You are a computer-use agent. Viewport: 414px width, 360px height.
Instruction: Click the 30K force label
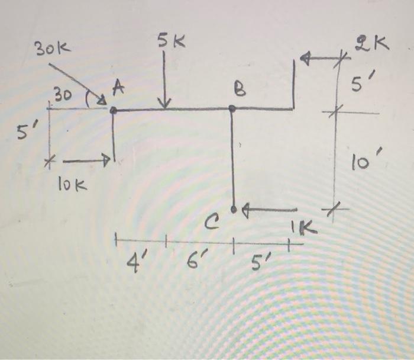tap(52, 49)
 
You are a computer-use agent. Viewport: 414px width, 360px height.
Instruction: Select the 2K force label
tap(372, 43)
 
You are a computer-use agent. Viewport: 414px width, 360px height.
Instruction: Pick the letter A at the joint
tap(118, 88)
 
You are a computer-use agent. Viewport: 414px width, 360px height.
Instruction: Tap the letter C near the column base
tap(212, 223)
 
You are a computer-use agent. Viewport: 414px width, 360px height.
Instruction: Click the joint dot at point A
tap(113, 110)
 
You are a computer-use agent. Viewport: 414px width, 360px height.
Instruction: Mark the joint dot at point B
tap(232, 109)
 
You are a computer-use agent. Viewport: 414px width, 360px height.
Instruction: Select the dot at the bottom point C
tap(234, 209)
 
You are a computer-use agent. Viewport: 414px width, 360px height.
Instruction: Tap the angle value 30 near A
tap(61, 94)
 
